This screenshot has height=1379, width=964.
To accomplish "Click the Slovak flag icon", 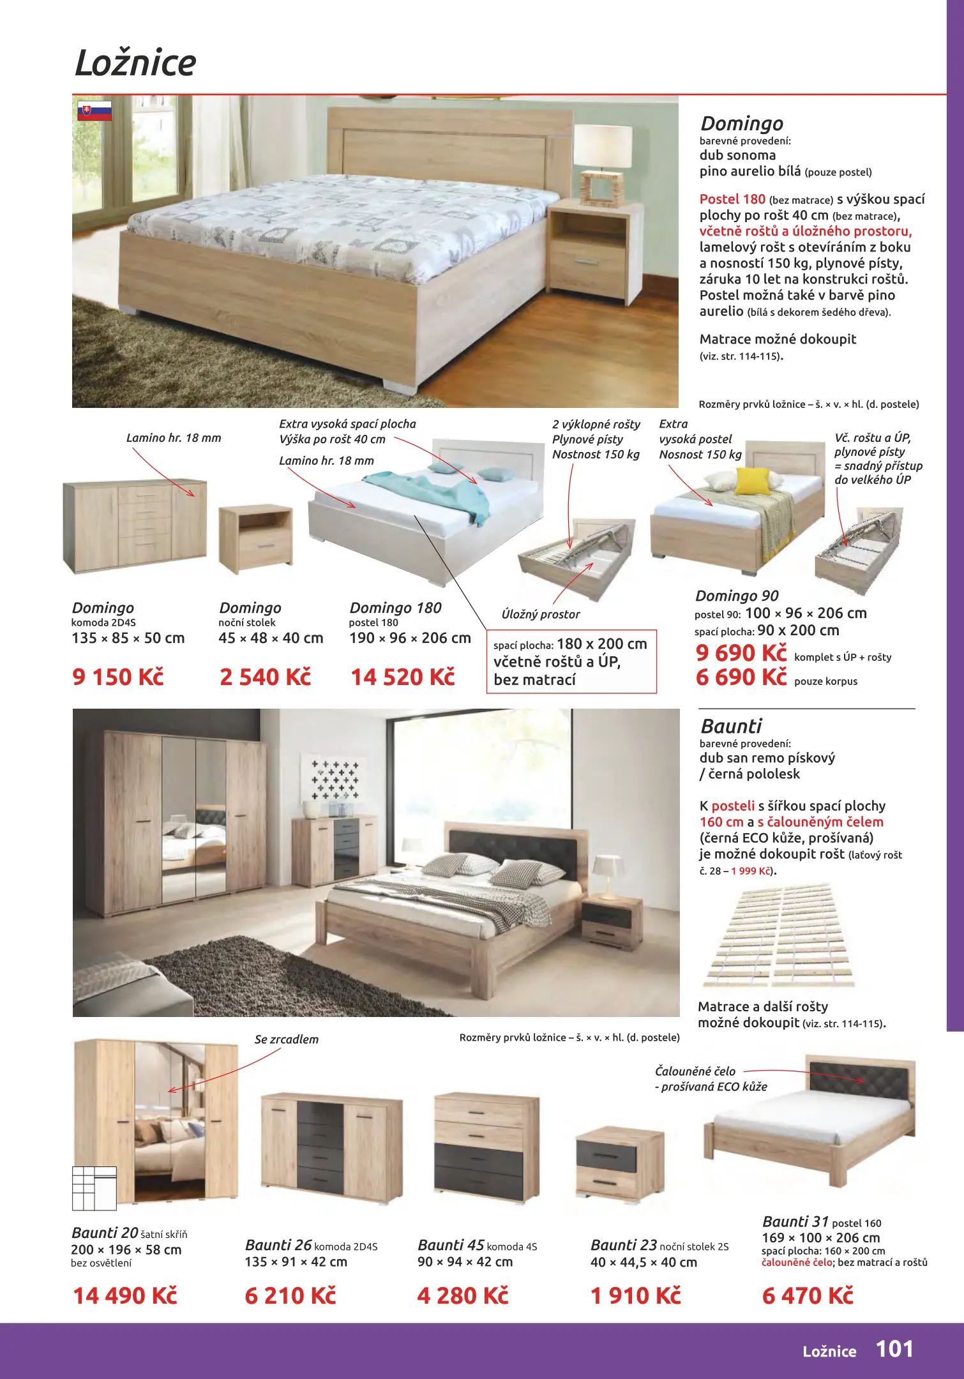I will tap(94, 110).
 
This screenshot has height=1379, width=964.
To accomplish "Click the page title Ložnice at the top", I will tap(135, 63).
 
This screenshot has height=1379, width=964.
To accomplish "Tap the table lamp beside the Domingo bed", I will tap(602, 163).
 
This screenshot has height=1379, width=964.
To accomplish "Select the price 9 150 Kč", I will tap(118, 677).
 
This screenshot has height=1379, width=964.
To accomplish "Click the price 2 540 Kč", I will tap(265, 677).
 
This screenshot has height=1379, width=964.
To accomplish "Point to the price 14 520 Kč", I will tap(402, 677).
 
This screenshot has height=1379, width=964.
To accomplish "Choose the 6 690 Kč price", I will tap(741, 677).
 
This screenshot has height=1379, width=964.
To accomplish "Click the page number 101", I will tap(894, 1348).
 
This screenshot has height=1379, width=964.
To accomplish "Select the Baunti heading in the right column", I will tap(731, 727).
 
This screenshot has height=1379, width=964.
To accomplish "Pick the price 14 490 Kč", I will tap(125, 1295).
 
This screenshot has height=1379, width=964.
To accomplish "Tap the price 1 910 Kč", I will tap(635, 1295).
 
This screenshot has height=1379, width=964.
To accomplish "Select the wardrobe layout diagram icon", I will tap(94, 1188).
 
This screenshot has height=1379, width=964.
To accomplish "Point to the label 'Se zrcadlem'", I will tap(286, 1039).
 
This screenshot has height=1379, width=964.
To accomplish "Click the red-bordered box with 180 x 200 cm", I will tap(571, 661).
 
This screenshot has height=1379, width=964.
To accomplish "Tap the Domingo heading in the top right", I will tap(741, 123).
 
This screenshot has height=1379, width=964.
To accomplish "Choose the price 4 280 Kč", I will tap(463, 1295).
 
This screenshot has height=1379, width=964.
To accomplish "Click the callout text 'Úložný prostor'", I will tap(541, 614).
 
